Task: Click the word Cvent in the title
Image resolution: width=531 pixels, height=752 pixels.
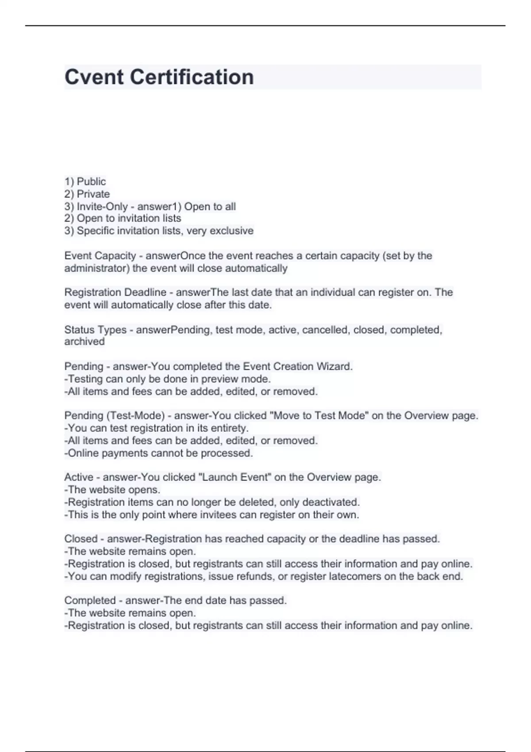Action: (94, 77)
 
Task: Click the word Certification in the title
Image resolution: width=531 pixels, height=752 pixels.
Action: (192, 77)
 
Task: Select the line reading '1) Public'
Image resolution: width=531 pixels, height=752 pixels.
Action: (85, 181)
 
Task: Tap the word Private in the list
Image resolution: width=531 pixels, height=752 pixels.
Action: (93, 194)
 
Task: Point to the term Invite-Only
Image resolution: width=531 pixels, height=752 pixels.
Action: (102, 207)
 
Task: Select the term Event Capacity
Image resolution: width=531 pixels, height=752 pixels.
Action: (100, 256)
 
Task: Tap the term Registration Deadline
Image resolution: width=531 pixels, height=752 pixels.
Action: (115, 292)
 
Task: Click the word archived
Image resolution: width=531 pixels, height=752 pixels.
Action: (85, 341)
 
